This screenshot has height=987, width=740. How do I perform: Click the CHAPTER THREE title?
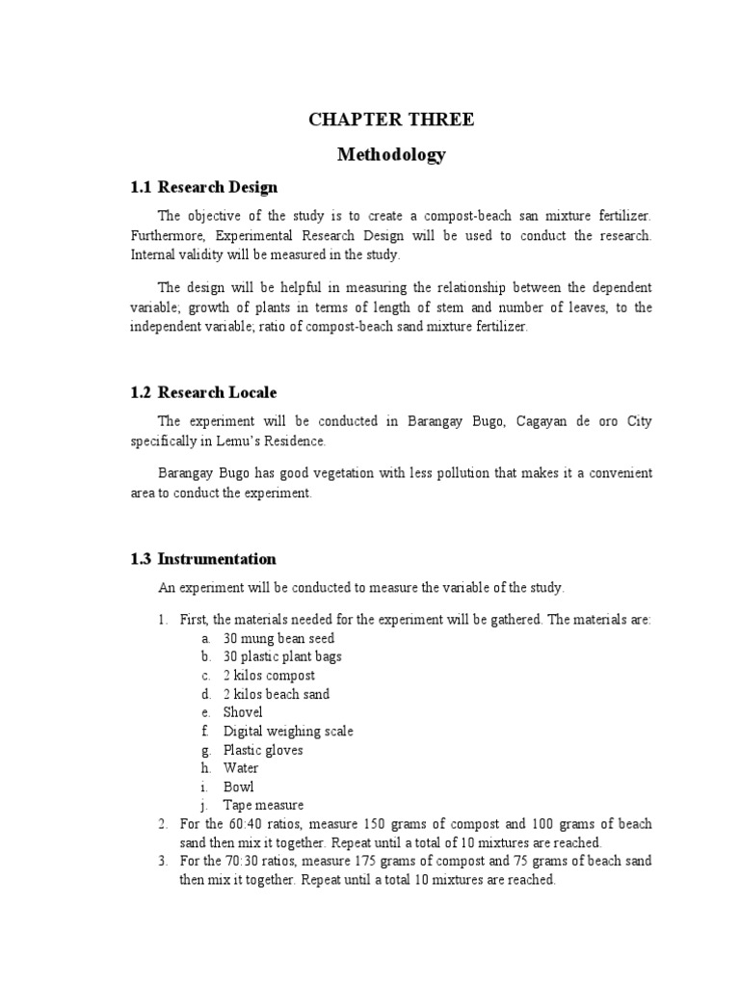pos(391,120)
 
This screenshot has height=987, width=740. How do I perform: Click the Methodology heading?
pos(391,154)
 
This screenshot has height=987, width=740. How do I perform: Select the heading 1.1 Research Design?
pos(203,186)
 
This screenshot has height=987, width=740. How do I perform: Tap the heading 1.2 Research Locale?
pos(203,392)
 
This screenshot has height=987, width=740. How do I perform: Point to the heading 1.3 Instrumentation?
pos(203,558)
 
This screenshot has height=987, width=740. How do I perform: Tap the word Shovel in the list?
pos(243,712)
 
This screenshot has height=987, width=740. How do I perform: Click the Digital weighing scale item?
pos(288,731)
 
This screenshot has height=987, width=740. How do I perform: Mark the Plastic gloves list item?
pos(263,749)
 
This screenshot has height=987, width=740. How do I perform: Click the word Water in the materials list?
pos(241,768)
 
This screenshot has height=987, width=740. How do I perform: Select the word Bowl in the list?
pos(239,787)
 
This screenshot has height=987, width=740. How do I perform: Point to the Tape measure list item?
pos(263,805)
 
